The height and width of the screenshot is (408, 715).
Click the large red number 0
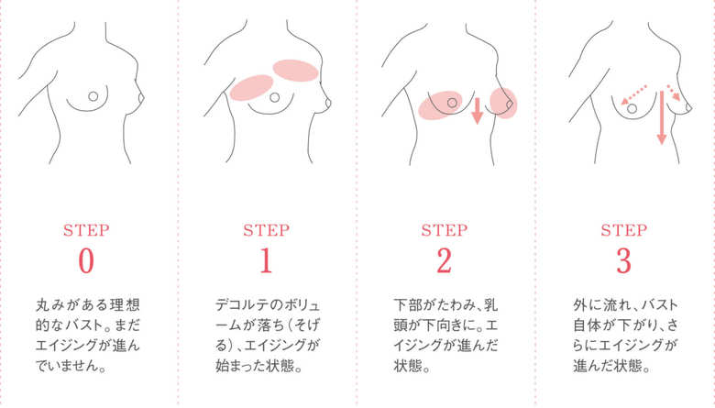point(86,260)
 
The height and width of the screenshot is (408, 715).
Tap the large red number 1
point(266,260)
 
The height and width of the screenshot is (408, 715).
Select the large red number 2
point(445,260)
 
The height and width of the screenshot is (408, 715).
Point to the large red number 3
point(624,260)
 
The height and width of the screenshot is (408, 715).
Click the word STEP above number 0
point(86,230)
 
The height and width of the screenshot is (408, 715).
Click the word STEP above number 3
point(624,230)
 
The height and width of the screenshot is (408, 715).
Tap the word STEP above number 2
point(445,230)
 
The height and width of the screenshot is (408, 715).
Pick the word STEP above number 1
point(266,230)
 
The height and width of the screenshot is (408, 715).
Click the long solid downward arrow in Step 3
point(662,117)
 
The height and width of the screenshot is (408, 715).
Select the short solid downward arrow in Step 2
point(477,110)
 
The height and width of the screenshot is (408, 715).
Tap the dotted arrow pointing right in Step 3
point(674,93)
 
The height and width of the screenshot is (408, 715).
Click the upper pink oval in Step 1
point(295,71)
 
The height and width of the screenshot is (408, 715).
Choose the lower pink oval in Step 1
point(251,87)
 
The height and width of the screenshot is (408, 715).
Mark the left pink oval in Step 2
point(441,105)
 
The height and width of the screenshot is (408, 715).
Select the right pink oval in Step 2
point(503,103)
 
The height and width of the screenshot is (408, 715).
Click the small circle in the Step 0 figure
point(93,96)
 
